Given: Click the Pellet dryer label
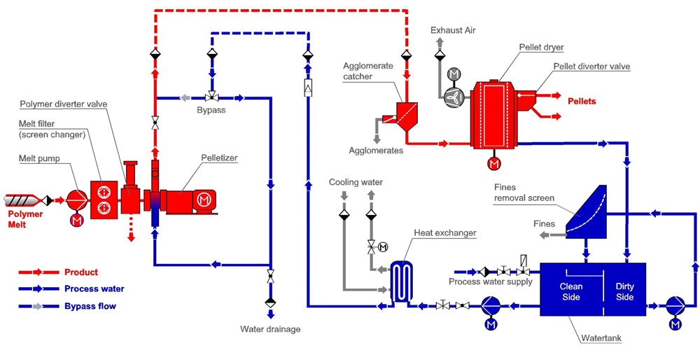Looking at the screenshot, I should click(541, 47).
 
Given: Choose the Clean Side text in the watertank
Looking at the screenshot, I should click(571, 291).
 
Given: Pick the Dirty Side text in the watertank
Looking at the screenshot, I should click(624, 291).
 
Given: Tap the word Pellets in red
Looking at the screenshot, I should click(582, 102).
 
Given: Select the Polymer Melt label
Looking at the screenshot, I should click(25, 219).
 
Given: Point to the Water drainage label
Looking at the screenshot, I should click(270, 328).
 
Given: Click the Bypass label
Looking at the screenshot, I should click(211, 111).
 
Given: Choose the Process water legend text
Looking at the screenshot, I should click(94, 289).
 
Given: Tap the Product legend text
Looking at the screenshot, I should click(81, 272).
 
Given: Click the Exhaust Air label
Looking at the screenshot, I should click(453, 30).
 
